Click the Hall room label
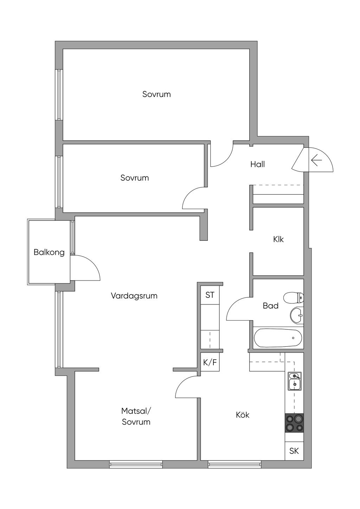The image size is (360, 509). coord(257,164)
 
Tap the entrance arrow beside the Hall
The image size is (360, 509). coord(317,160)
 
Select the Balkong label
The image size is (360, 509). coord(49,252)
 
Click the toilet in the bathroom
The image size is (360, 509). coord(294,297)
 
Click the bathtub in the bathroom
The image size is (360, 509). coord(278,338)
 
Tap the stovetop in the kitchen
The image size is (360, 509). coord(294,423)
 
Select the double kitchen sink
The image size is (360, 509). coord(295,381)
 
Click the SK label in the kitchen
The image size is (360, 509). coord(294,451)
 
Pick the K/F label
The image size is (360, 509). coord(210,362)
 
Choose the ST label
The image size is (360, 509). coord(210,295)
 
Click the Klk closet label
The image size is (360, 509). coord(278,239)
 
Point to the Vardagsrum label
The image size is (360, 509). coord(134,296)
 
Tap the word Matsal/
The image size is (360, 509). coord(136,411)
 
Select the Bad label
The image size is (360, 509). coord(270,306)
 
